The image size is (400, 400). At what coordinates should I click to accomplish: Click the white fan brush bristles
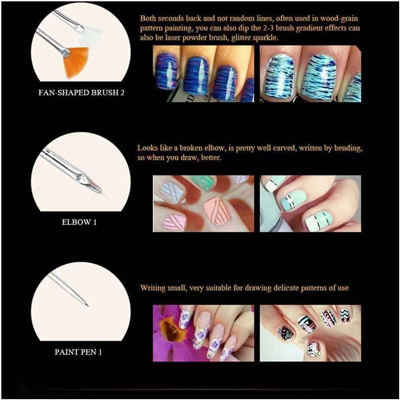tap(92, 36)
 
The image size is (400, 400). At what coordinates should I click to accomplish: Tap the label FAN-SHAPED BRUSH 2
tap(81, 92)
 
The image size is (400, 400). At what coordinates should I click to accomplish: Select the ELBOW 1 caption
tap(79, 222)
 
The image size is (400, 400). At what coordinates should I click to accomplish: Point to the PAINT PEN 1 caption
tap(78, 352)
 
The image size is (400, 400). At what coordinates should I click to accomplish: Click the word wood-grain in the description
tap(339, 18)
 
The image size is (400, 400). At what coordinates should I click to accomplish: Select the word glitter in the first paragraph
tap(241, 38)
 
